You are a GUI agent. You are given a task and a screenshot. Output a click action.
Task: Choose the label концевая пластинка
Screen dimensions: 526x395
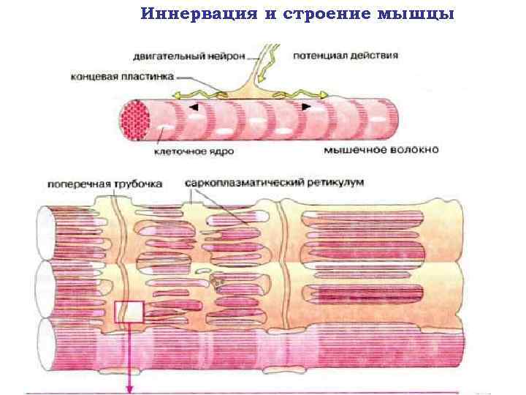(123, 75)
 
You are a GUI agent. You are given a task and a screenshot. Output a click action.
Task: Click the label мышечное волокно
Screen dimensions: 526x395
(381, 151)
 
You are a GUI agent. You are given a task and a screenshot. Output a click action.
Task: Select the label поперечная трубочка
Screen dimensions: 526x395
(104, 184)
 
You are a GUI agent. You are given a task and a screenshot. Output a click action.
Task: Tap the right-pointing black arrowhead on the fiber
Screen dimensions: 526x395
(306, 107)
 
